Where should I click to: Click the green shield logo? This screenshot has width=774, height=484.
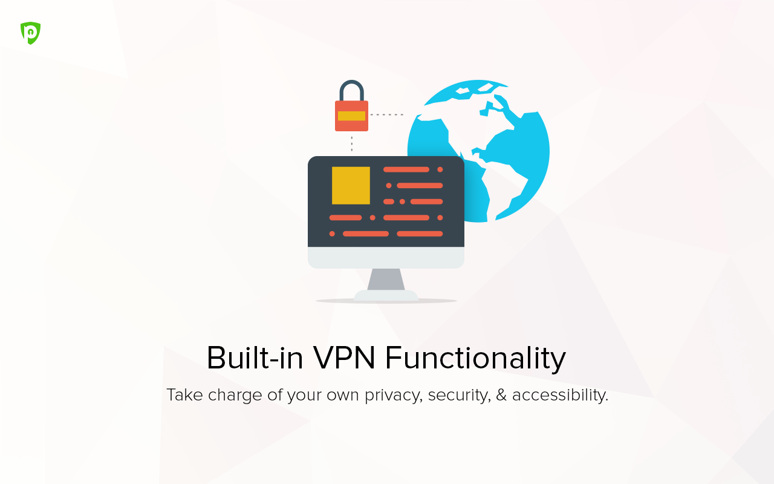point(30,33)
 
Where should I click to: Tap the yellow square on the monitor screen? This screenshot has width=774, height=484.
point(351,186)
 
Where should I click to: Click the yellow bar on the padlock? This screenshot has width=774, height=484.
point(351,116)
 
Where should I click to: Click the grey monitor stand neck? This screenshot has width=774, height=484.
point(386,280)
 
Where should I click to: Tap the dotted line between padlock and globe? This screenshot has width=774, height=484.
point(386,114)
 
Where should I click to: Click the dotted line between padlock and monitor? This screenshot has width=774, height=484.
point(352,144)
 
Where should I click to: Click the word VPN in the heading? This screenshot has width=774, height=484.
point(344,358)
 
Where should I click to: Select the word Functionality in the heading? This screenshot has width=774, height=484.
point(475,359)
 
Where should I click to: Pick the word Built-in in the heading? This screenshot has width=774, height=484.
point(255,358)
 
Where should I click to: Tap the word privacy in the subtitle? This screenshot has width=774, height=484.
point(394,395)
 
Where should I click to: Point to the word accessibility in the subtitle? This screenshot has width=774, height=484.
point(560,395)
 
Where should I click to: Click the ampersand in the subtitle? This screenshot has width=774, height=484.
point(501,395)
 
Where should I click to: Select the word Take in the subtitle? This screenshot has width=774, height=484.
point(184,394)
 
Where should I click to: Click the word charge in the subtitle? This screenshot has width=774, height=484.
point(235,396)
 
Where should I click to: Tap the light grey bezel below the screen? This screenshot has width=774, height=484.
point(386,258)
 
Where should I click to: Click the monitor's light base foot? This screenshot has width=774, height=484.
point(386,295)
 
